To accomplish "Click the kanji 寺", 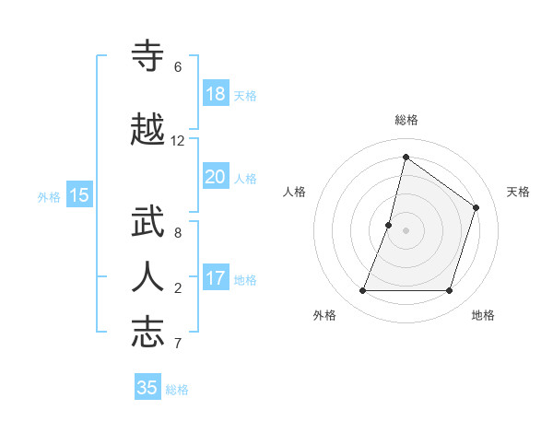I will point(148,56).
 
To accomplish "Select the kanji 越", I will point(148,130).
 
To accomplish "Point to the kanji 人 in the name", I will point(148,276).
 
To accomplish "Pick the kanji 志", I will point(148,332).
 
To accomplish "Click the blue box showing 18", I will point(216,94).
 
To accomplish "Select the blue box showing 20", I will point(216,177).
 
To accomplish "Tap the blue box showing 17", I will point(216,278).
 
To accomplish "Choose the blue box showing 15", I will point(79,194).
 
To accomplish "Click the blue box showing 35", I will point(147,388).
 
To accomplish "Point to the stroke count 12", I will point(178,141).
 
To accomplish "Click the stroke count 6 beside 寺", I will point(178,67).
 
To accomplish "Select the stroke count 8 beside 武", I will point(178,233).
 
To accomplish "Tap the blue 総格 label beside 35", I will point(178,390).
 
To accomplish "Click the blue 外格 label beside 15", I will point(49,196).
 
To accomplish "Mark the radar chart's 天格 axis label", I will point(518,192).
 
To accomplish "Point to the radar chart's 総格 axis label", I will point(406,120).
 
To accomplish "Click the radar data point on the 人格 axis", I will point(389,225).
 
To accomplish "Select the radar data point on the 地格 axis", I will point(449,290).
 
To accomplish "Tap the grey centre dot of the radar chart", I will point(406,230).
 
